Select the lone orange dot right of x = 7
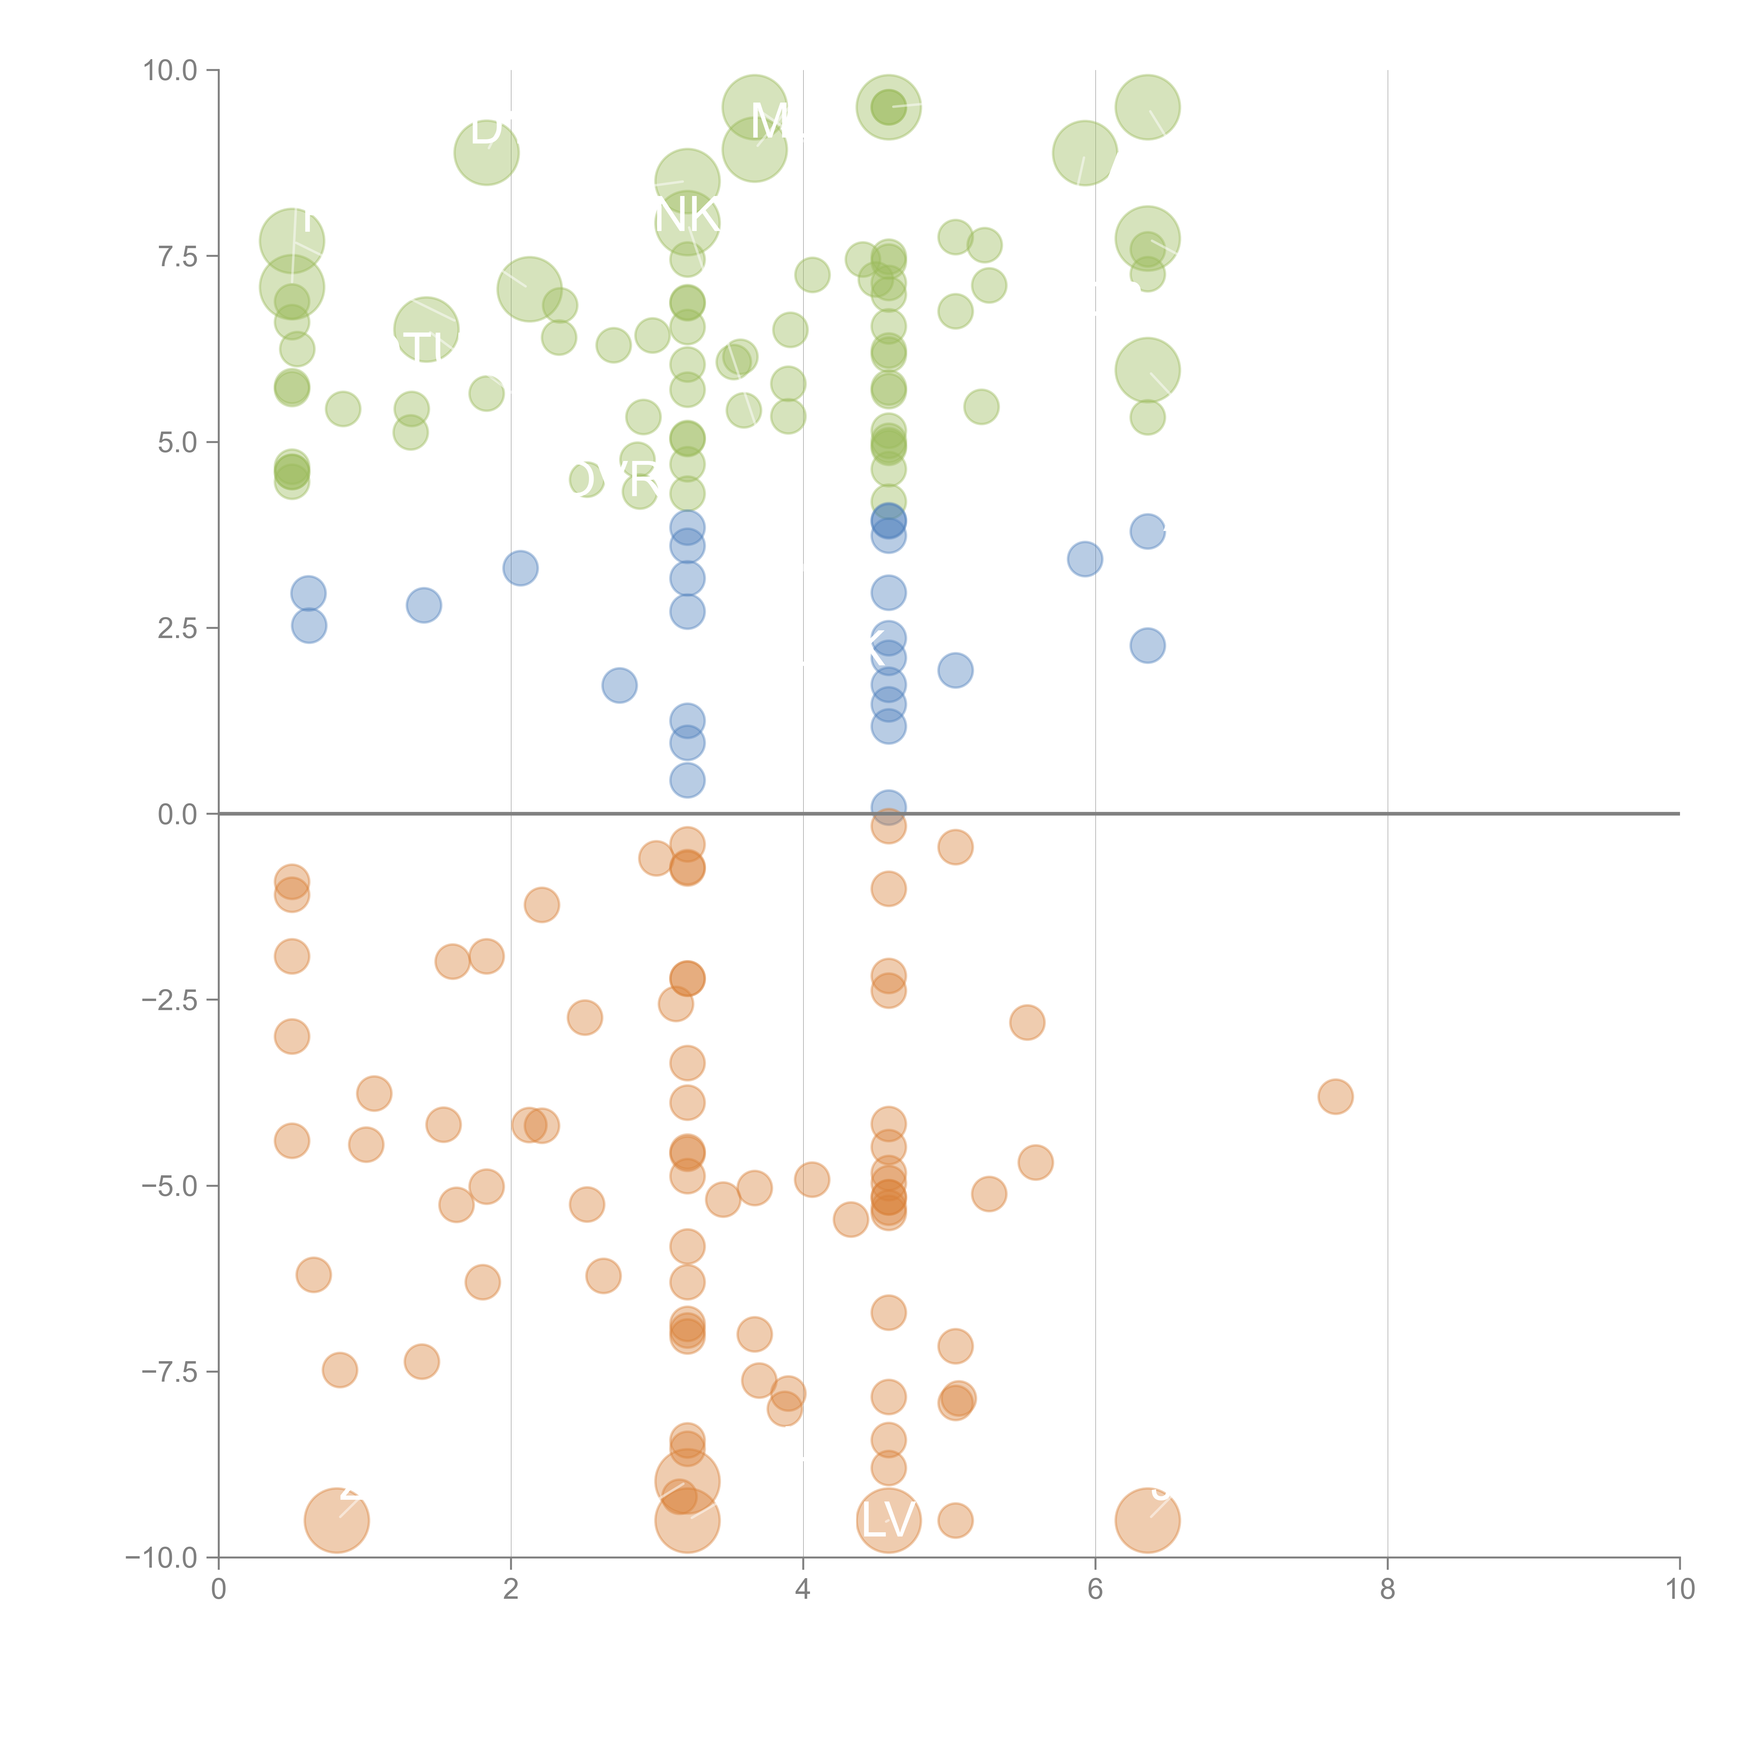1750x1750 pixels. pyautogui.click(x=1335, y=1096)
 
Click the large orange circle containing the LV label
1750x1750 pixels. pyautogui.click(x=889, y=1520)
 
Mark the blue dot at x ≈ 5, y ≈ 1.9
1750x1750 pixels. pyautogui.click(x=955, y=670)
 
